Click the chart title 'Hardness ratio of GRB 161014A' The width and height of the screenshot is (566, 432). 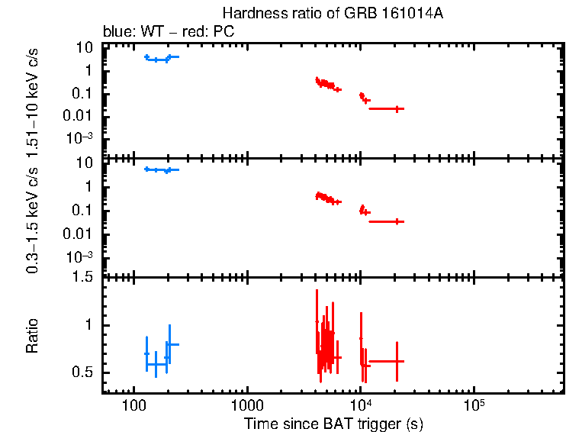click(x=332, y=14)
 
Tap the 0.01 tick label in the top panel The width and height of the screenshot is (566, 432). click(x=80, y=116)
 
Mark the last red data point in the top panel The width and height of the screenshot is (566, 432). click(x=397, y=108)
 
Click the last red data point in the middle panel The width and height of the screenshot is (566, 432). click(x=397, y=221)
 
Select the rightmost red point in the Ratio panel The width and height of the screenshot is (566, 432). click(x=397, y=361)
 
